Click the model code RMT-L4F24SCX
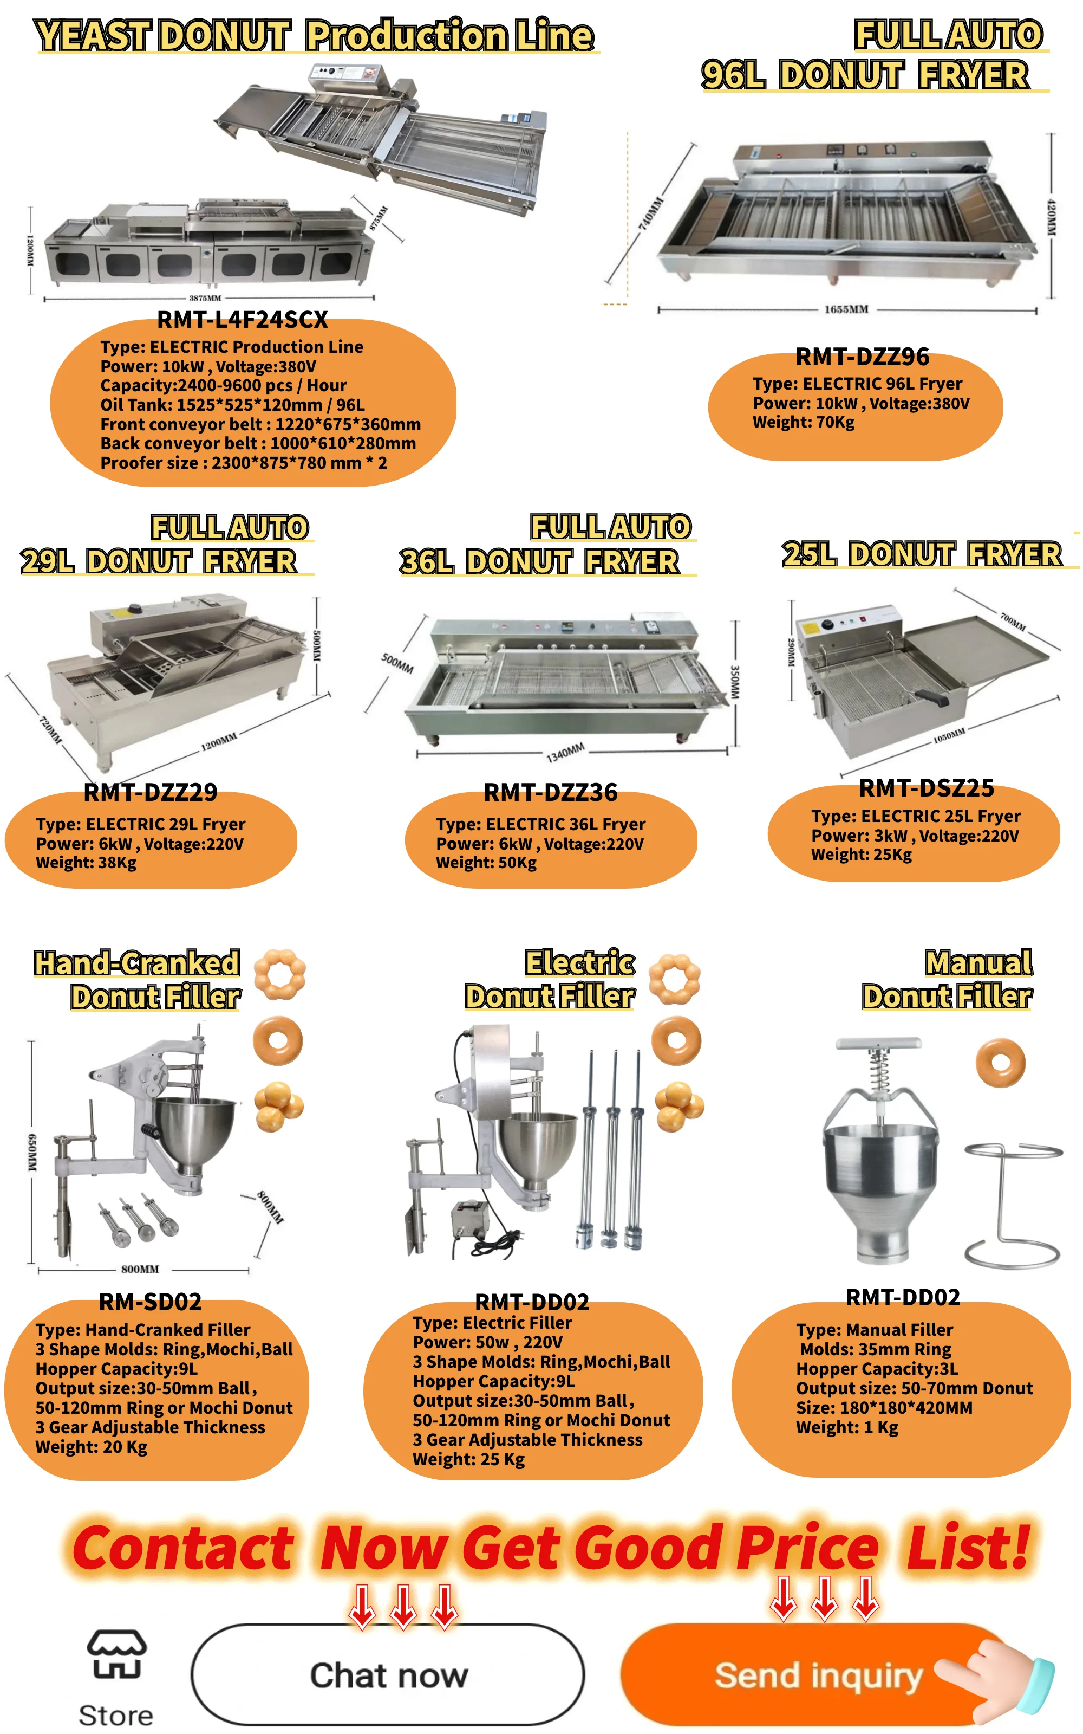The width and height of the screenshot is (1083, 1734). tap(242, 320)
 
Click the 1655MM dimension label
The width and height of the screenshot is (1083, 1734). tap(846, 309)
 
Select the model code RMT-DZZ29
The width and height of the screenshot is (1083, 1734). tap(151, 792)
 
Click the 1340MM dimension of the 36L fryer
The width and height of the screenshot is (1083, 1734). tap(566, 752)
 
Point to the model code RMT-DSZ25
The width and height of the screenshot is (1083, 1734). tap(926, 788)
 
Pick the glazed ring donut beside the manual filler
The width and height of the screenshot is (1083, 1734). tap(1000, 1063)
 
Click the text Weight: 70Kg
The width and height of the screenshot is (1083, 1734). tap(803, 422)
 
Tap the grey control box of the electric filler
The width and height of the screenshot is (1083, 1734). tap(471, 1218)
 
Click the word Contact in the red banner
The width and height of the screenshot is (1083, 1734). tap(184, 1548)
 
